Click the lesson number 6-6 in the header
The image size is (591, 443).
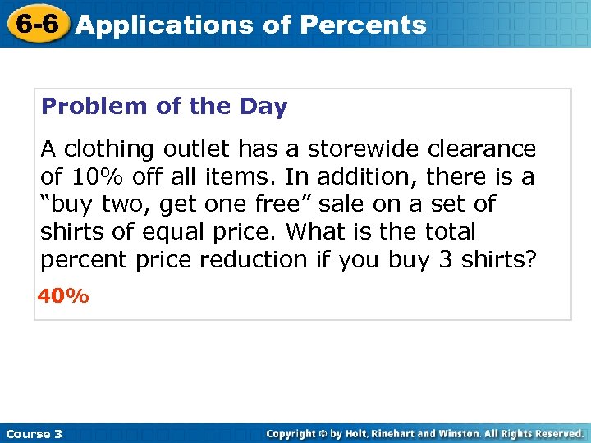(34, 24)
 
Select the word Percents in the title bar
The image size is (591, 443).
(363, 25)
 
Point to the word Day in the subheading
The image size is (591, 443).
(263, 107)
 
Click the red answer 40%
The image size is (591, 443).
(63, 296)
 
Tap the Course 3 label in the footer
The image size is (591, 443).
(34, 433)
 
